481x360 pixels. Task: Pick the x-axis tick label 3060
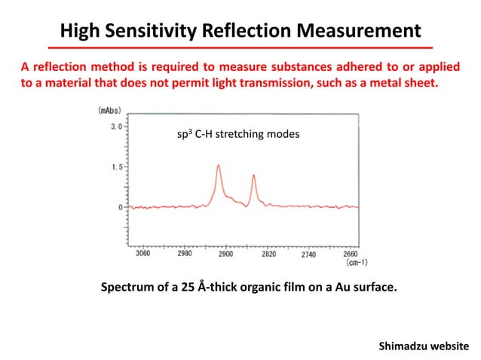pyautogui.click(x=142, y=255)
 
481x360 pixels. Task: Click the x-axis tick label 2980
pyautogui.click(x=185, y=255)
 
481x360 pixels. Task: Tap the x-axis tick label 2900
pyautogui.click(x=227, y=255)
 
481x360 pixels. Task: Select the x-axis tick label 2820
pyautogui.click(x=268, y=255)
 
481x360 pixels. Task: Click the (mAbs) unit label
pyautogui.click(x=111, y=110)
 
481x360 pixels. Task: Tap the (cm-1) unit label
pyautogui.click(x=356, y=264)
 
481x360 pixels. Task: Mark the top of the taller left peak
pyautogui.click(x=219, y=165)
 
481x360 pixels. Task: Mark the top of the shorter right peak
pyautogui.click(x=254, y=175)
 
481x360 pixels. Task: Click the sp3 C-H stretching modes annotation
pyautogui.click(x=237, y=134)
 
